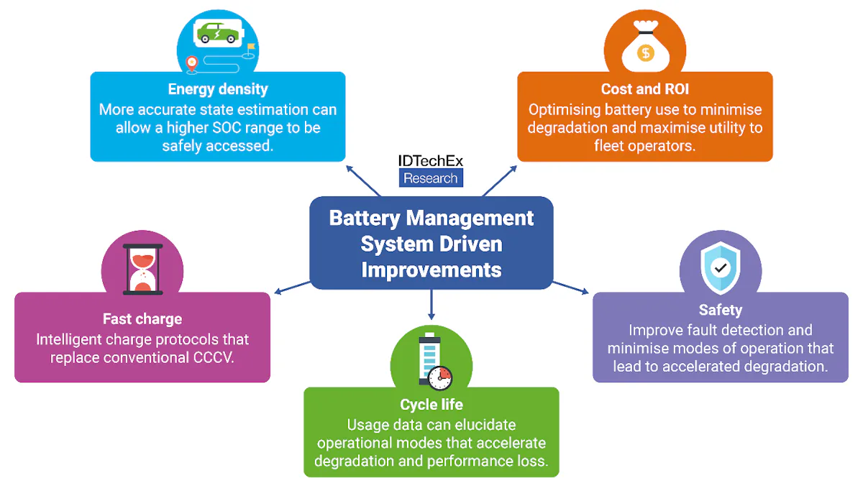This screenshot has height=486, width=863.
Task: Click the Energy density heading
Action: click(x=217, y=89)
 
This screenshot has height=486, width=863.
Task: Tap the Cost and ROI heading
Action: click(x=644, y=89)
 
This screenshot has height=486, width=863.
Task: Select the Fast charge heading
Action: click(x=142, y=318)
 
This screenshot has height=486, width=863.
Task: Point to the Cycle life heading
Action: click(x=431, y=405)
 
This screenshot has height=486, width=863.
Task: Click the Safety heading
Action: click(x=720, y=310)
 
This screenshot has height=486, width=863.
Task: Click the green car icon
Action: click(x=218, y=32)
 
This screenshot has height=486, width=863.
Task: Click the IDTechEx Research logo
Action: click(x=431, y=170)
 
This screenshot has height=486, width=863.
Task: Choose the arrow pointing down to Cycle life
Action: click(x=431, y=305)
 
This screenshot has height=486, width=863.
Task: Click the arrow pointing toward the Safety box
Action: click(x=572, y=288)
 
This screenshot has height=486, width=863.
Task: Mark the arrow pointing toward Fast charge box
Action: click(x=291, y=288)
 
